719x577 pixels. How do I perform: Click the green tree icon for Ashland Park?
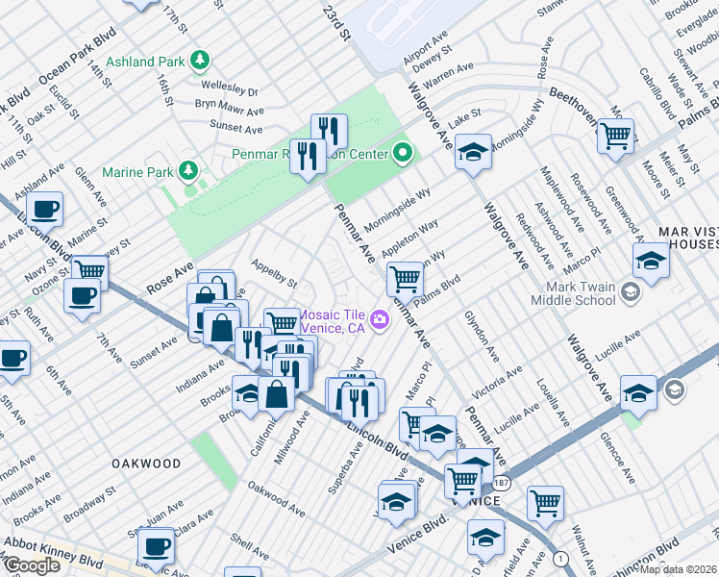click(200, 62)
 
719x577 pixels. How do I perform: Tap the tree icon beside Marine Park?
click(189, 172)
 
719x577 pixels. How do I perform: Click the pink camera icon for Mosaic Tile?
click(381, 319)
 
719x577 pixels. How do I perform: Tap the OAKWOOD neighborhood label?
click(146, 464)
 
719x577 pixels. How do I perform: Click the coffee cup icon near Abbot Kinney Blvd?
click(156, 547)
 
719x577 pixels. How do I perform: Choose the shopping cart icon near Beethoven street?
click(615, 134)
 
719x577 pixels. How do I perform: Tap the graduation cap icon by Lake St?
click(472, 152)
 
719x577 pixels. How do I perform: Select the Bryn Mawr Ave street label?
click(228, 108)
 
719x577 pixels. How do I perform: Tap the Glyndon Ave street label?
click(481, 336)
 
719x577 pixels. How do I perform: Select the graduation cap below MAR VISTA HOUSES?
click(651, 261)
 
